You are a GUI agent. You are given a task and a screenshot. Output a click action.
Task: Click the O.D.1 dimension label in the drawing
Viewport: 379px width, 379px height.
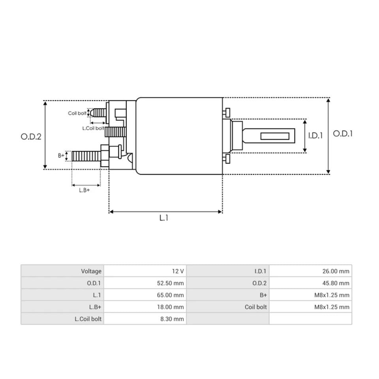343,133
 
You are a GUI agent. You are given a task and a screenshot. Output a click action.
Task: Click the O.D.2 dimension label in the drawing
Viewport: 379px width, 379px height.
31,137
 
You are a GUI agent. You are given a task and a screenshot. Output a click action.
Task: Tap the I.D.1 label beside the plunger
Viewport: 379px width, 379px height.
315,135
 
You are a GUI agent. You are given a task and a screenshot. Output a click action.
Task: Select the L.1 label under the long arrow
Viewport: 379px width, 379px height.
164,218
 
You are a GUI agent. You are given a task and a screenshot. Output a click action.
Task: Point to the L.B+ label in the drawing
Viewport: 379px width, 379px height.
84,190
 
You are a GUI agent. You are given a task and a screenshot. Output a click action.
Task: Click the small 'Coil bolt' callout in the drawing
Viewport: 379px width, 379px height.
77,113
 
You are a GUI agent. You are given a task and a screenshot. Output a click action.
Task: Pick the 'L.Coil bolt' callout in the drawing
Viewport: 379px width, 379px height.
93,128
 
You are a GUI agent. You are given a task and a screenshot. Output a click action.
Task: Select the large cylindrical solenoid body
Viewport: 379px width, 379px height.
179,136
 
